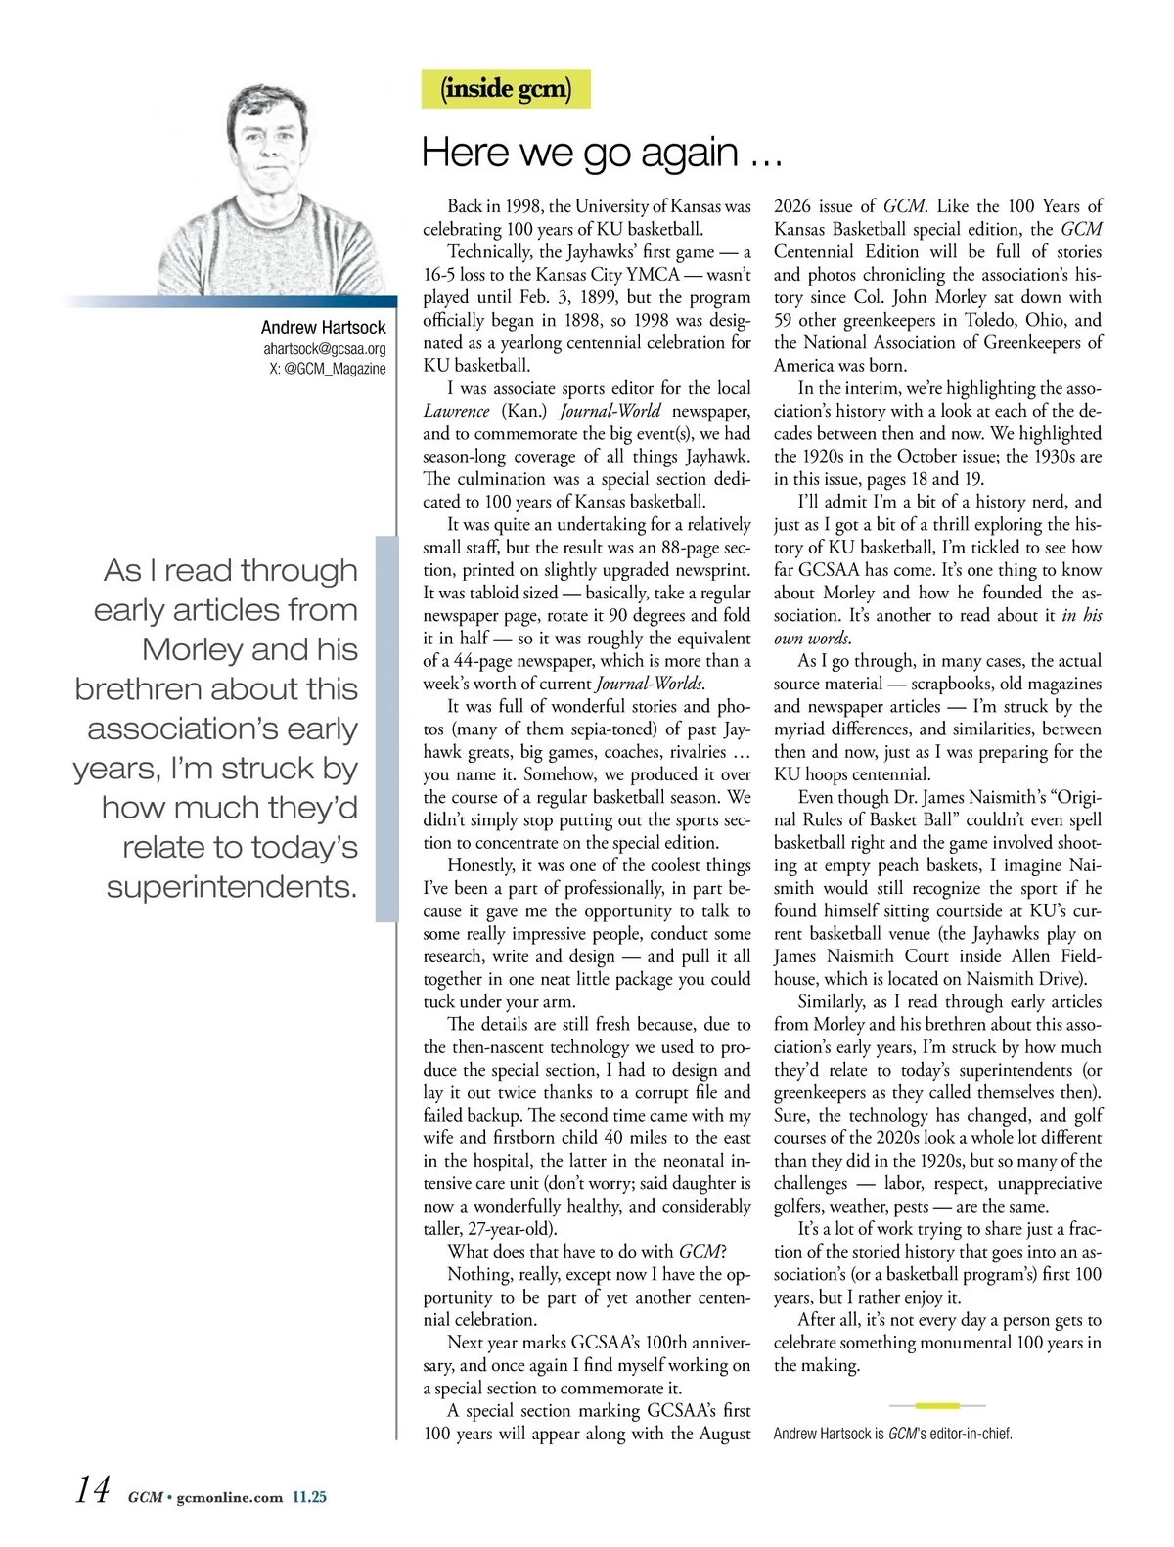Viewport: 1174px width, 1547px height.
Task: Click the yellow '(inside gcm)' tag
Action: pos(506,89)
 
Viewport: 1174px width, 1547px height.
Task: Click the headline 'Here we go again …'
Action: pos(601,154)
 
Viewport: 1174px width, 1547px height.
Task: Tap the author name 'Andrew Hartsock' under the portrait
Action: pos(323,328)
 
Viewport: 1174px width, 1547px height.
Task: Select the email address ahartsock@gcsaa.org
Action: pos(324,349)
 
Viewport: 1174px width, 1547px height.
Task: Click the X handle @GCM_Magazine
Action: pos(327,369)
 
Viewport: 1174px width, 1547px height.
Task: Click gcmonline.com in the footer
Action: pos(230,1497)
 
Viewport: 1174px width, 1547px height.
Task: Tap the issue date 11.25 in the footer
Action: pos(309,1497)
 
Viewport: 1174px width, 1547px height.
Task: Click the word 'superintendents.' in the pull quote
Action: pos(232,887)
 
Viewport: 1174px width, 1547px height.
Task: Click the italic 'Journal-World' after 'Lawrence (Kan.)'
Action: pos(610,411)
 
